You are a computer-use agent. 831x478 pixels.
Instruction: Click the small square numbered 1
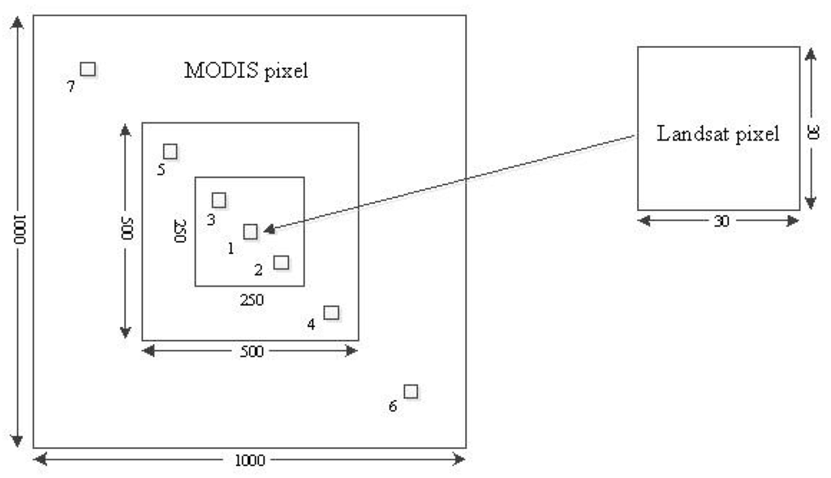pyautogui.click(x=251, y=231)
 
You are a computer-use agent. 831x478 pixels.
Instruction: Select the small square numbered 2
pyautogui.click(x=282, y=262)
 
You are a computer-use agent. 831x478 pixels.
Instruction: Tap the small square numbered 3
pyautogui.click(x=218, y=200)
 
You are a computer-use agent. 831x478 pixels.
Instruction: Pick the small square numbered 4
pyautogui.click(x=331, y=312)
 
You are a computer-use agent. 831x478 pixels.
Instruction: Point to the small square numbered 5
pyautogui.click(x=170, y=151)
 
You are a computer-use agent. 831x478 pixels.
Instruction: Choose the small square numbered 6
pyautogui.click(x=411, y=391)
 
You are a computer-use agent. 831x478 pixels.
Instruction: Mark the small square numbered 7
pyautogui.click(x=88, y=69)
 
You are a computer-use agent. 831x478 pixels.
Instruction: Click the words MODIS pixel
pyautogui.click(x=247, y=71)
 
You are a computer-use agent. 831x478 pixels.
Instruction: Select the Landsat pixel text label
pyautogui.click(x=717, y=134)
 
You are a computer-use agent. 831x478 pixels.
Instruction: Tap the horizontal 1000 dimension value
pyautogui.click(x=249, y=460)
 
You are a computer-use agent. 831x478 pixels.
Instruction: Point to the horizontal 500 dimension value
pyautogui.click(x=250, y=351)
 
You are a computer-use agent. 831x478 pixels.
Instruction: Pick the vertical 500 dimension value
pyautogui.click(x=126, y=231)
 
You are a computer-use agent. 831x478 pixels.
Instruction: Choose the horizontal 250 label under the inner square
pyautogui.click(x=252, y=299)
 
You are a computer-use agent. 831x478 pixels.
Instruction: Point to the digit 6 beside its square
pyautogui.click(x=393, y=406)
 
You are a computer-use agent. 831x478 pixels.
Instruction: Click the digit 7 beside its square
pyautogui.click(x=71, y=86)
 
